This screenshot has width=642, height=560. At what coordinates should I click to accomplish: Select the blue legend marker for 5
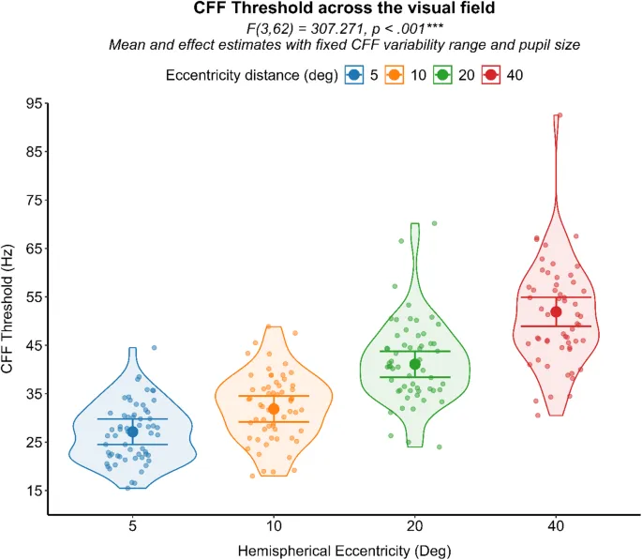tap(354, 75)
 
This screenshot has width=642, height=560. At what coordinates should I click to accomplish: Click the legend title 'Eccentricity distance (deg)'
tap(251, 75)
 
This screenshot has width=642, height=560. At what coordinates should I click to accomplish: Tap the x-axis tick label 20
tap(415, 527)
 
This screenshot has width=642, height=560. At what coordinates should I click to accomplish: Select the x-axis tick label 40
tap(557, 527)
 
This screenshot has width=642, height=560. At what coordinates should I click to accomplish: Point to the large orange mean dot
tap(274, 409)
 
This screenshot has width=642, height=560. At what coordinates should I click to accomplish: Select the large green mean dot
tap(415, 364)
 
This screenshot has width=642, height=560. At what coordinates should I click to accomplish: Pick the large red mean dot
tap(557, 311)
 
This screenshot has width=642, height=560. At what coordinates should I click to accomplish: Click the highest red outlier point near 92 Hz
tap(560, 115)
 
